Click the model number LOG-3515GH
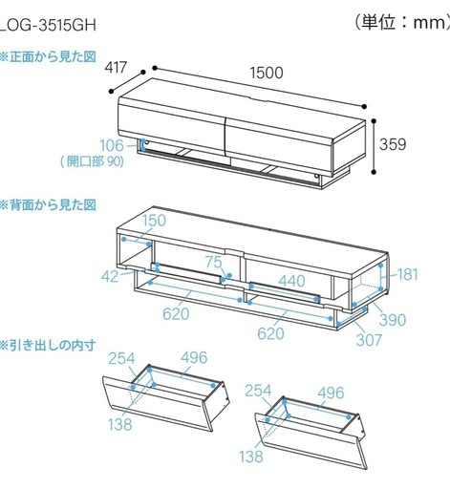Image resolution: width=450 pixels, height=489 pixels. click(x=48, y=25)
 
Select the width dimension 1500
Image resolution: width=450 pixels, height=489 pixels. click(x=267, y=73)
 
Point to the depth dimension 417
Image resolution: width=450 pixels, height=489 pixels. click(x=116, y=67)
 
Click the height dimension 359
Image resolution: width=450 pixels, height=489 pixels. click(x=393, y=144)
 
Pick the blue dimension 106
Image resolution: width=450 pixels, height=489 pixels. click(x=112, y=145)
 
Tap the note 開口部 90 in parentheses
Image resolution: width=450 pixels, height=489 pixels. click(x=92, y=161)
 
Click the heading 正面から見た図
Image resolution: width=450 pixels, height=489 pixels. click(x=49, y=57)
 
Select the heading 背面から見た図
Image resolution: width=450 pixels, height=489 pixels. click(x=49, y=205)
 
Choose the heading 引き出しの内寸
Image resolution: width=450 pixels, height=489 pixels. click(x=49, y=345)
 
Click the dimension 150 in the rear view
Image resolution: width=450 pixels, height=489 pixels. click(x=154, y=221)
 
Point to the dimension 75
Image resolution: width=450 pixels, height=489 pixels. click(x=213, y=262)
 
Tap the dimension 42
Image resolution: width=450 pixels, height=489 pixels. click(x=110, y=276)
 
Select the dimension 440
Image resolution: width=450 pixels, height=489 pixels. click(x=292, y=281)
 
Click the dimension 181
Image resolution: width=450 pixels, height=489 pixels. click(x=408, y=274)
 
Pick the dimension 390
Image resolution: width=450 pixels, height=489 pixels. click(x=393, y=320)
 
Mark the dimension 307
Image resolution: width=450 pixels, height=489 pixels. click(x=369, y=340)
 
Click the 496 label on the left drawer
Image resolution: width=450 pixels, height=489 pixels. click(x=194, y=357)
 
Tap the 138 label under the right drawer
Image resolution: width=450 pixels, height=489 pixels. click(x=251, y=457)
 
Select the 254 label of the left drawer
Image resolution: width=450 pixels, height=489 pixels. click(x=121, y=358)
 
